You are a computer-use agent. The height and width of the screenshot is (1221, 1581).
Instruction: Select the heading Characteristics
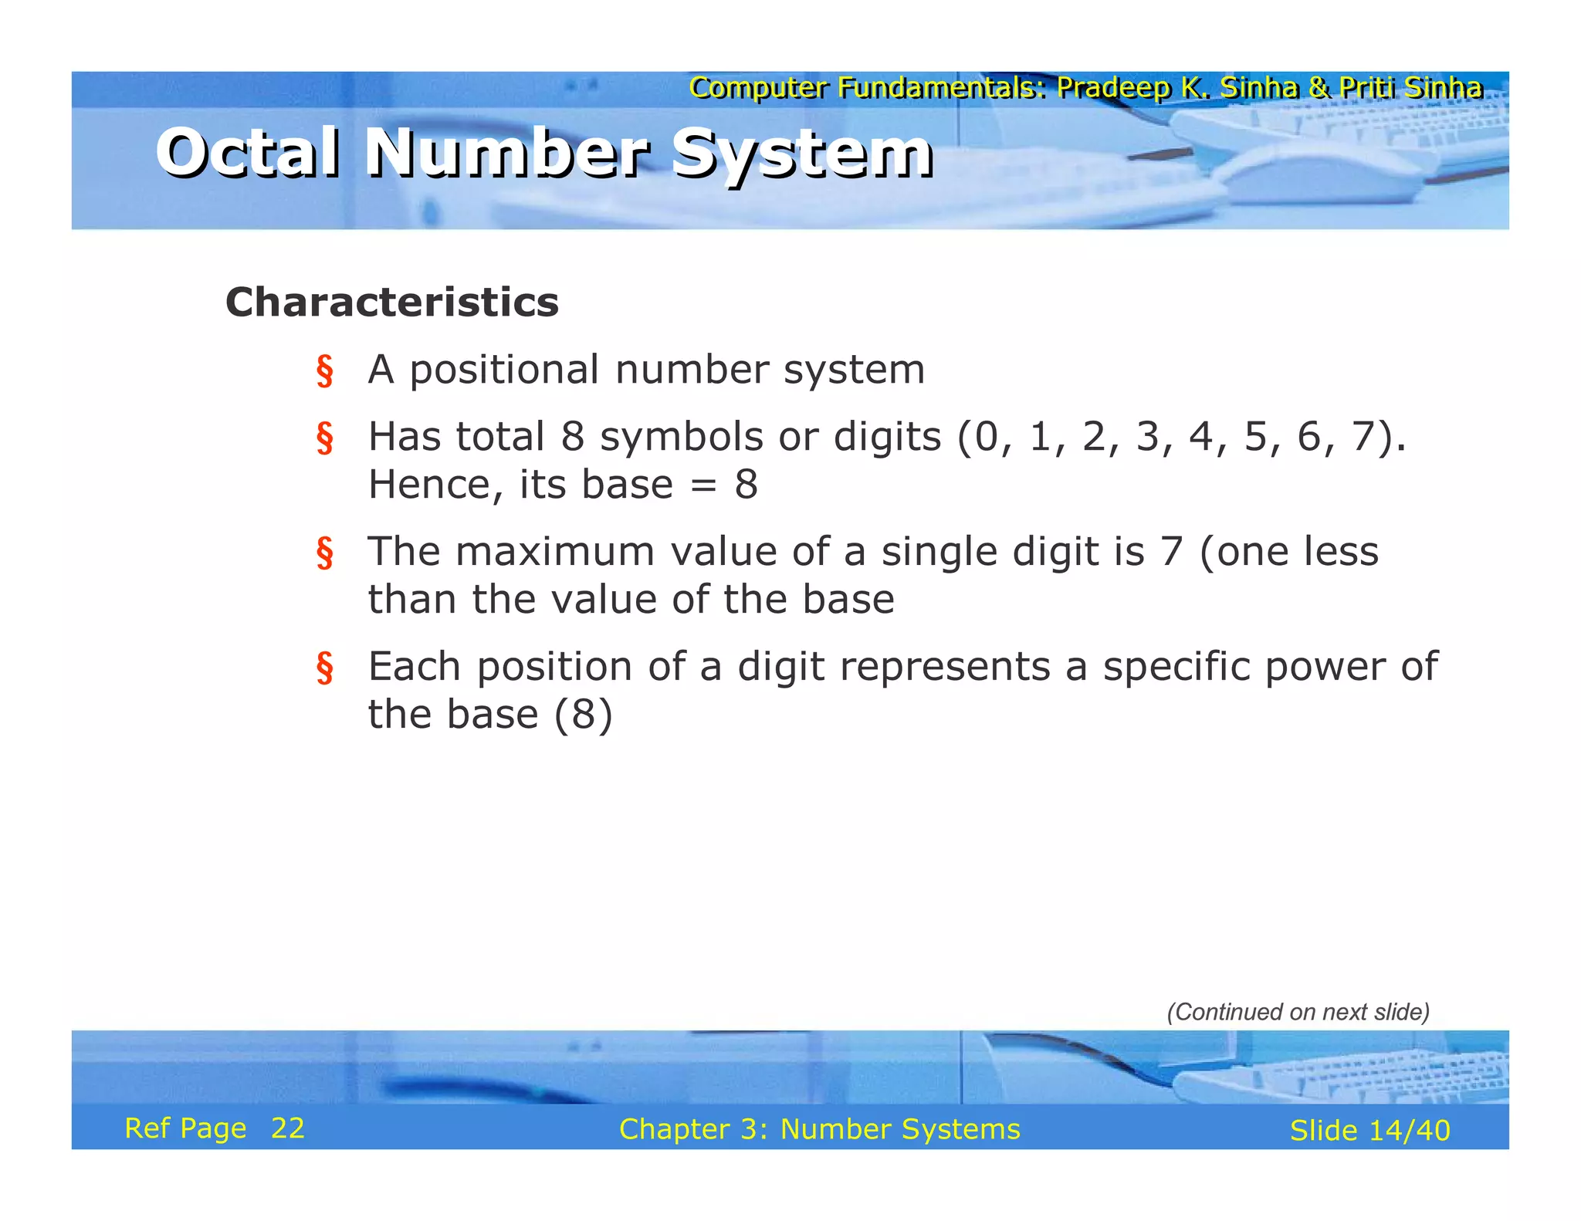391,302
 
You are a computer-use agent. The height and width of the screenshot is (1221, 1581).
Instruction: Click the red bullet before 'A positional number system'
325,371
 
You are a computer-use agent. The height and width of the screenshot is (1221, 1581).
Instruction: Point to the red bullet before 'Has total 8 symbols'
325,438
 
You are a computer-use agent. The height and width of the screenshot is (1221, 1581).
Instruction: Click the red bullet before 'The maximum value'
325,553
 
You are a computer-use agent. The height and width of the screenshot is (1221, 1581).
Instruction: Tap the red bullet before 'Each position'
325,668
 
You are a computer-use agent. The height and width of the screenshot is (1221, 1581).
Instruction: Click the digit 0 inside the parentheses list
987,437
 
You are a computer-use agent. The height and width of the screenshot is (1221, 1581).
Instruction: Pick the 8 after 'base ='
746,485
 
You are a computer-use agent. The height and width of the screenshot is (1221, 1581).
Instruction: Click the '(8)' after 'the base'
583,715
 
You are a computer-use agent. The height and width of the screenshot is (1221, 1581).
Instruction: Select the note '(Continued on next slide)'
1298,1012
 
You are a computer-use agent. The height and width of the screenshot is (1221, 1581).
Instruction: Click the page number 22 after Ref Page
287,1128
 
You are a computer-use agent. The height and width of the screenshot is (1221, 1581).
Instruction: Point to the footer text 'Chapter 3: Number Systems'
819,1129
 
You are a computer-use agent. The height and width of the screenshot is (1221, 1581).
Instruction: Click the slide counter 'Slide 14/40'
1369,1131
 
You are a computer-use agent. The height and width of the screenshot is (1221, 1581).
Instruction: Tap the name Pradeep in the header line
1112,88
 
